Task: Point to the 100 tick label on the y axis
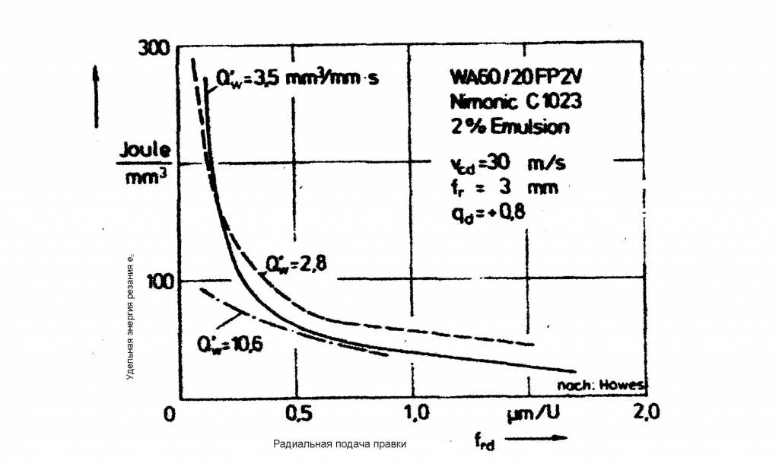coord(155,280)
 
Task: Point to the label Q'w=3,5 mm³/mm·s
coord(297,78)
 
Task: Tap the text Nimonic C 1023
coord(517,102)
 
